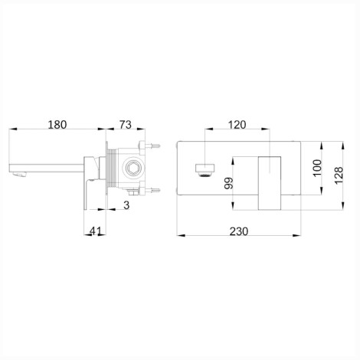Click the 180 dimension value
pyautogui.click(x=57, y=125)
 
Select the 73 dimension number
pyautogui.click(x=126, y=125)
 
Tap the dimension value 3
pyautogui.click(x=126, y=205)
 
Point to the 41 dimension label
pyautogui.click(x=96, y=231)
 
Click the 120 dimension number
pyautogui.click(x=237, y=125)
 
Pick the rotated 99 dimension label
pyautogui.click(x=229, y=183)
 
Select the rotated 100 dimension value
pyautogui.click(x=317, y=168)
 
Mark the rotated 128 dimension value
pyautogui.click(x=339, y=175)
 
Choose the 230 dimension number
pyautogui.click(x=239, y=231)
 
